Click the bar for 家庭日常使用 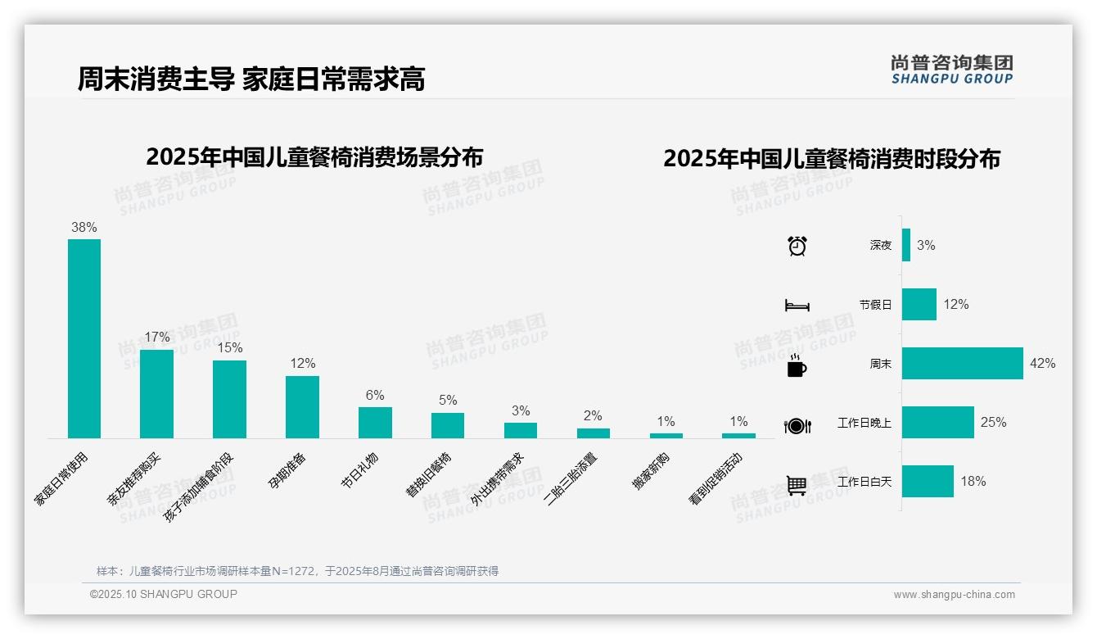tap(84, 338)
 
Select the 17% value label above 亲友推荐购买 tap(157, 337)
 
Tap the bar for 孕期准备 tap(302, 407)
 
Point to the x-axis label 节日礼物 tap(359, 469)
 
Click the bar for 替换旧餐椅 tap(448, 425)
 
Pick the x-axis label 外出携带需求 tap(498, 479)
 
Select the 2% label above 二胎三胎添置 tap(593, 415)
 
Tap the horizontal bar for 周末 tap(962, 363)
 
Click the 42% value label tap(1042, 363)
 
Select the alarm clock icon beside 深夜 tap(797, 245)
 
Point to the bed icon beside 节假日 tap(797, 305)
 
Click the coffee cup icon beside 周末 tap(797, 365)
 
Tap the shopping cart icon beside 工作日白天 tap(797, 485)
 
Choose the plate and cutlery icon tap(797, 425)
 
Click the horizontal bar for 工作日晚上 tap(938, 422)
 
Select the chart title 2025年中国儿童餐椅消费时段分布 tap(831, 159)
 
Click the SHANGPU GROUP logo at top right tap(951, 69)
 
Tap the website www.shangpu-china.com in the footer tap(954, 595)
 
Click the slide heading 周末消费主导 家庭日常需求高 tap(251, 79)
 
